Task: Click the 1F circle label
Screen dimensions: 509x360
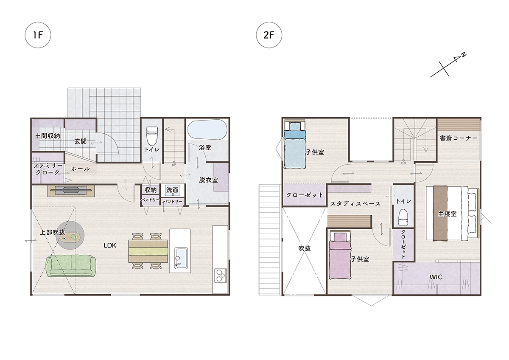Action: point(38,35)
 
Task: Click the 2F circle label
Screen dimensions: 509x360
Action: point(269,35)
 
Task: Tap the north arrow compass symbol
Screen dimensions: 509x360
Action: point(448,65)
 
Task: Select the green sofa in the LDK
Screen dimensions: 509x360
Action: point(71,266)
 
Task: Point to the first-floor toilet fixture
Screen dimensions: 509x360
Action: point(151,136)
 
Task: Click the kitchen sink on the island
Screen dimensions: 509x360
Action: point(181,257)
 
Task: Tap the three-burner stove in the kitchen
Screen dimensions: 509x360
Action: point(221,275)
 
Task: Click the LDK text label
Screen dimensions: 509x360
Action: point(110,245)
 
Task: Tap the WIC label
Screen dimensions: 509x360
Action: point(436,277)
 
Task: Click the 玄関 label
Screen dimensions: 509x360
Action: point(81,141)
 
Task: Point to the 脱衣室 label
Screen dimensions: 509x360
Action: point(208,180)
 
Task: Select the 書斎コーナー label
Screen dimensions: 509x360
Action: point(459,138)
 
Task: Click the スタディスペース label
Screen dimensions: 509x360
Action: point(355,203)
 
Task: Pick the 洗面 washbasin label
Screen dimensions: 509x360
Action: point(172,190)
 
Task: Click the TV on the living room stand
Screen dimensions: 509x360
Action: point(70,191)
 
